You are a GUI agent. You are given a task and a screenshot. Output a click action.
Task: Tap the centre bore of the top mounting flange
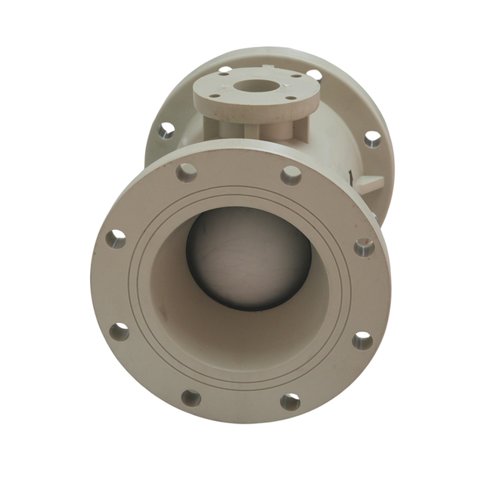(254, 85)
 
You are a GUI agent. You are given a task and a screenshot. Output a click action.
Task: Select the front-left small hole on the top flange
(214, 97)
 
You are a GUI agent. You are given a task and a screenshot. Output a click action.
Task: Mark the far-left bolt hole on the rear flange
(166, 131)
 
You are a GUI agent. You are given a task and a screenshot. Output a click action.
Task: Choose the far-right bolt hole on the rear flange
(372, 138)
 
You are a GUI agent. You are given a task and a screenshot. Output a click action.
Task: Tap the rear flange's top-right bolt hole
(315, 74)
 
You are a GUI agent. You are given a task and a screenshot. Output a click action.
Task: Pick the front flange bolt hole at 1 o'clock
(291, 176)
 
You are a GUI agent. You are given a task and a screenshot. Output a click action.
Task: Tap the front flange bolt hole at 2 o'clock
(364, 247)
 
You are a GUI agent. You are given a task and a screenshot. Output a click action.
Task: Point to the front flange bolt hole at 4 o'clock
(362, 340)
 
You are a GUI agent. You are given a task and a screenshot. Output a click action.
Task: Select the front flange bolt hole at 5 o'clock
(290, 401)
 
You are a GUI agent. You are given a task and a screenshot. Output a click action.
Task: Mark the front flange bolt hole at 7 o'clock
(191, 397)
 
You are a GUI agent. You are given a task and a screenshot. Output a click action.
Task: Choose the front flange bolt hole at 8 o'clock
(119, 330)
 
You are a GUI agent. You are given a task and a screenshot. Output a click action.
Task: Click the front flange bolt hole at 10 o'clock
(115, 239)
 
